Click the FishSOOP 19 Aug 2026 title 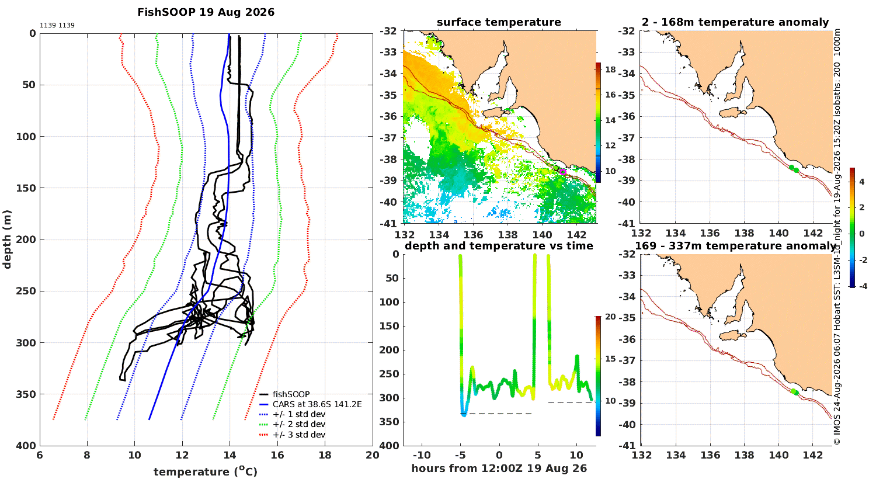[206, 12]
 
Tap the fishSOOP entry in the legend [291, 394]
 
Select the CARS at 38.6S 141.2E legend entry [317, 404]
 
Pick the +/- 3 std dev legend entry [299, 435]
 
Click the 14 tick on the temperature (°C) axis [230, 455]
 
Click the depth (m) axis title [7, 239]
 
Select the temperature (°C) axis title [206, 471]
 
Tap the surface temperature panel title [499, 22]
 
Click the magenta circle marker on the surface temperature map [563, 172]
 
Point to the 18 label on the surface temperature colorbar [610, 70]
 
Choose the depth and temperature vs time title [499, 245]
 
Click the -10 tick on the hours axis [422, 455]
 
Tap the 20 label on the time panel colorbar [610, 317]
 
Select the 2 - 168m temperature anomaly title [735, 22]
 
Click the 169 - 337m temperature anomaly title [735, 245]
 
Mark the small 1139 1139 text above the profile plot [57, 25]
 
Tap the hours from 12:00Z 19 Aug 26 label [499, 468]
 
